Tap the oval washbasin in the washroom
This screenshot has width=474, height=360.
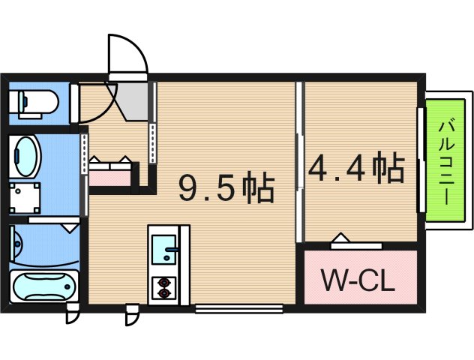27,156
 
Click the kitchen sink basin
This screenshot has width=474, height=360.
163,248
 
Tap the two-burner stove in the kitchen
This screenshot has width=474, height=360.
163,287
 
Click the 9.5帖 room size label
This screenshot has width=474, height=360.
226,189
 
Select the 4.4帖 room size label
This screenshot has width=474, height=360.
356,169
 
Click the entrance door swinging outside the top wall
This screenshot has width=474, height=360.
124,56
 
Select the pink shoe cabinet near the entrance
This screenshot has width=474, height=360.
111,175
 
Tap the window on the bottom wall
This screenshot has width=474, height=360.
238,307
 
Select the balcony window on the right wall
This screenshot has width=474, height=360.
421,161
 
